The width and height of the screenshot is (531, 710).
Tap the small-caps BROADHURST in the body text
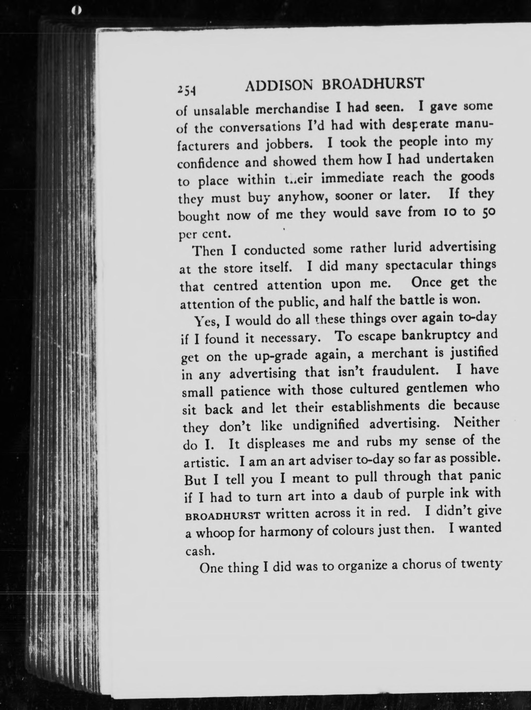point(222,516)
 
